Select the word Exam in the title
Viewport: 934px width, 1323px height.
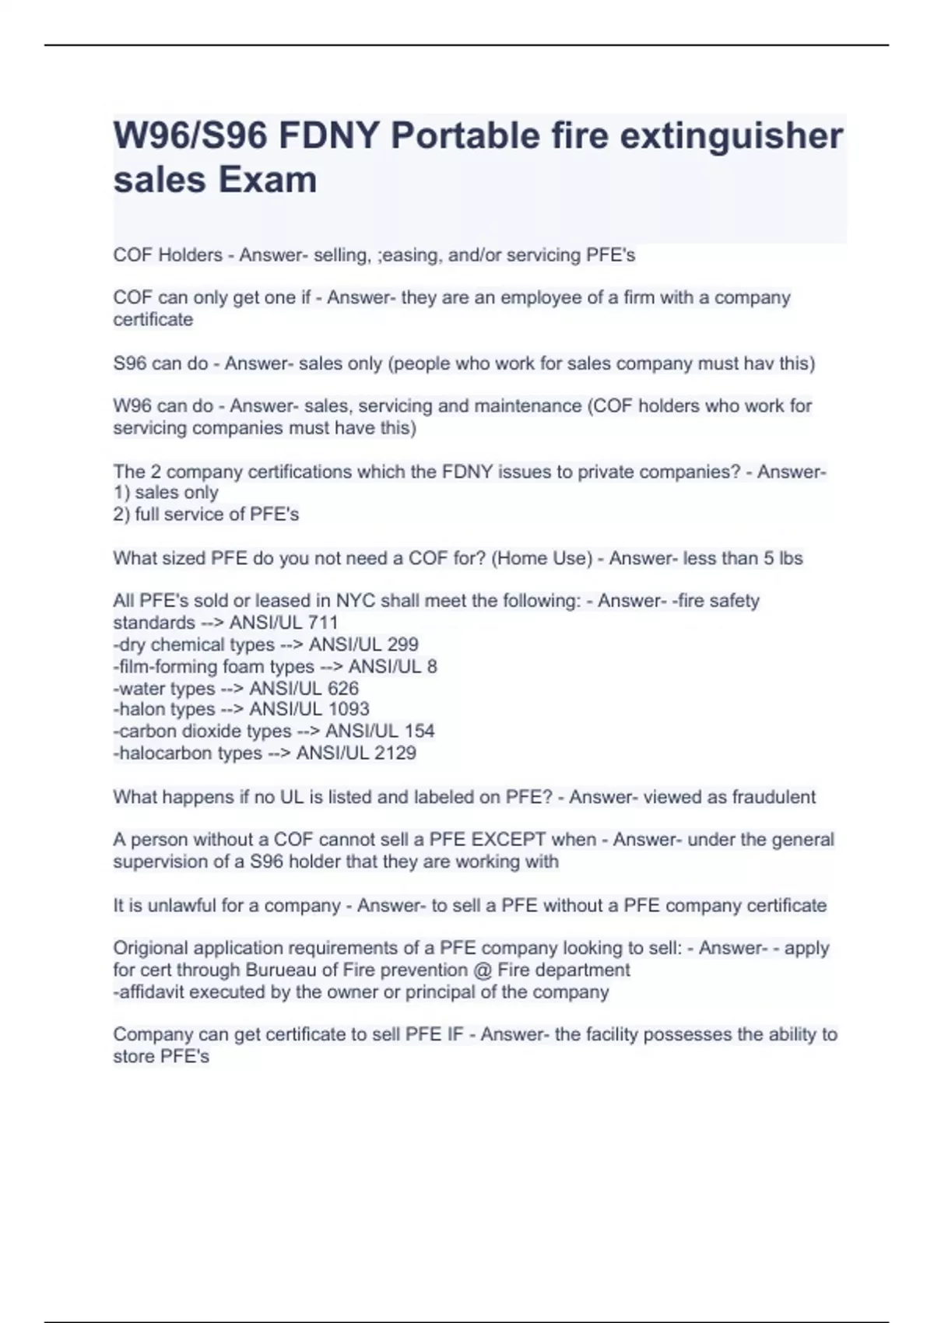pyautogui.click(x=267, y=180)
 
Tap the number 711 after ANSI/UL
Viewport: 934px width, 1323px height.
pyautogui.click(x=323, y=623)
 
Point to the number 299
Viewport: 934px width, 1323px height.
pyautogui.click(x=402, y=644)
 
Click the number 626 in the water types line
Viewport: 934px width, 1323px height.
pyautogui.click(x=343, y=688)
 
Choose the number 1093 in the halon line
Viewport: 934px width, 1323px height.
pyautogui.click(x=349, y=709)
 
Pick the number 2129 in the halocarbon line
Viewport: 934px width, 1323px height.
pyautogui.click(x=395, y=753)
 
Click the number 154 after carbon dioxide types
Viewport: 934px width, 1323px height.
pyautogui.click(x=419, y=731)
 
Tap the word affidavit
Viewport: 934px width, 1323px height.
pyautogui.click(x=150, y=992)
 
